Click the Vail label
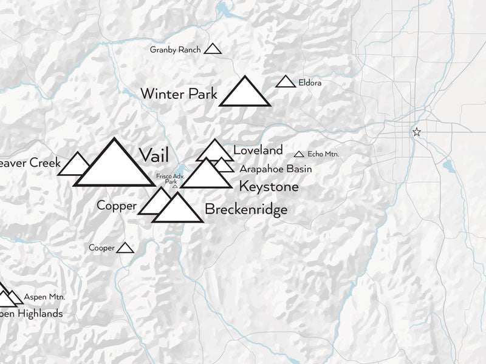(154, 155)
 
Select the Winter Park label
(179, 94)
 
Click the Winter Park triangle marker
(244, 95)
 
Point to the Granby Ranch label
(175, 50)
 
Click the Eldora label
(310, 83)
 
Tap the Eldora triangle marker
(286, 82)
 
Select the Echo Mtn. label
(323, 154)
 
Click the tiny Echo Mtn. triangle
(299, 155)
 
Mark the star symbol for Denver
(416, 132)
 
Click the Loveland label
(258, 150)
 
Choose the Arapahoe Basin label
(275, 169)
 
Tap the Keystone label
(269, 187)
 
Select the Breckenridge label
(246, 210)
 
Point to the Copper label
(116, 206)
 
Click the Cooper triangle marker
(125, 248)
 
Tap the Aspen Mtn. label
(44, 297)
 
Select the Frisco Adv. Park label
(166, 178)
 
